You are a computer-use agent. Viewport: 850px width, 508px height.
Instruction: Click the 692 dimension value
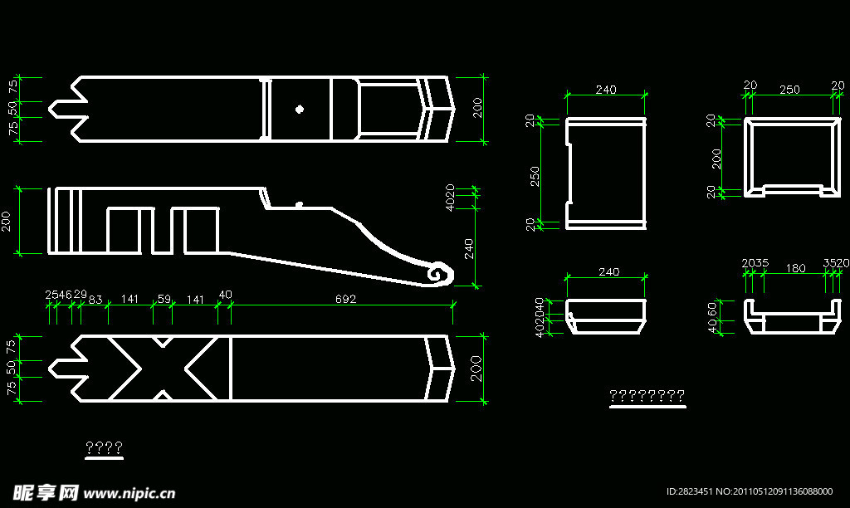coord(346,299)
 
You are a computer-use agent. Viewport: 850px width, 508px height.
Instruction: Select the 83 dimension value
coord(95,299)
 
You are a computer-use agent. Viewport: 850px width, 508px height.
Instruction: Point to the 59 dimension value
coord(164,299)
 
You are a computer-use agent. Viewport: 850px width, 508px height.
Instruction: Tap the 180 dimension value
coord(795,268)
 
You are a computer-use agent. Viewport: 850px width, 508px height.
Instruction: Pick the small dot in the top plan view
coord(300,108)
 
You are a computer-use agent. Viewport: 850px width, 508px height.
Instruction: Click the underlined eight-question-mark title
coord(647,396)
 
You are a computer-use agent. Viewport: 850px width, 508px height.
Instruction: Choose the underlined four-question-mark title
coord(105,449)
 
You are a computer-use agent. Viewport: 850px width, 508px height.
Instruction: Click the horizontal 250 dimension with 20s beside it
coord(790,89)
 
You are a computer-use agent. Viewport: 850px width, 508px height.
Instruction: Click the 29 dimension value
coord(81,295)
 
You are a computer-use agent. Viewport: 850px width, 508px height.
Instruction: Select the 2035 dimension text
coord(755,264)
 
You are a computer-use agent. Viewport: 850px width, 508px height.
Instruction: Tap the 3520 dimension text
coord(836,264)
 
